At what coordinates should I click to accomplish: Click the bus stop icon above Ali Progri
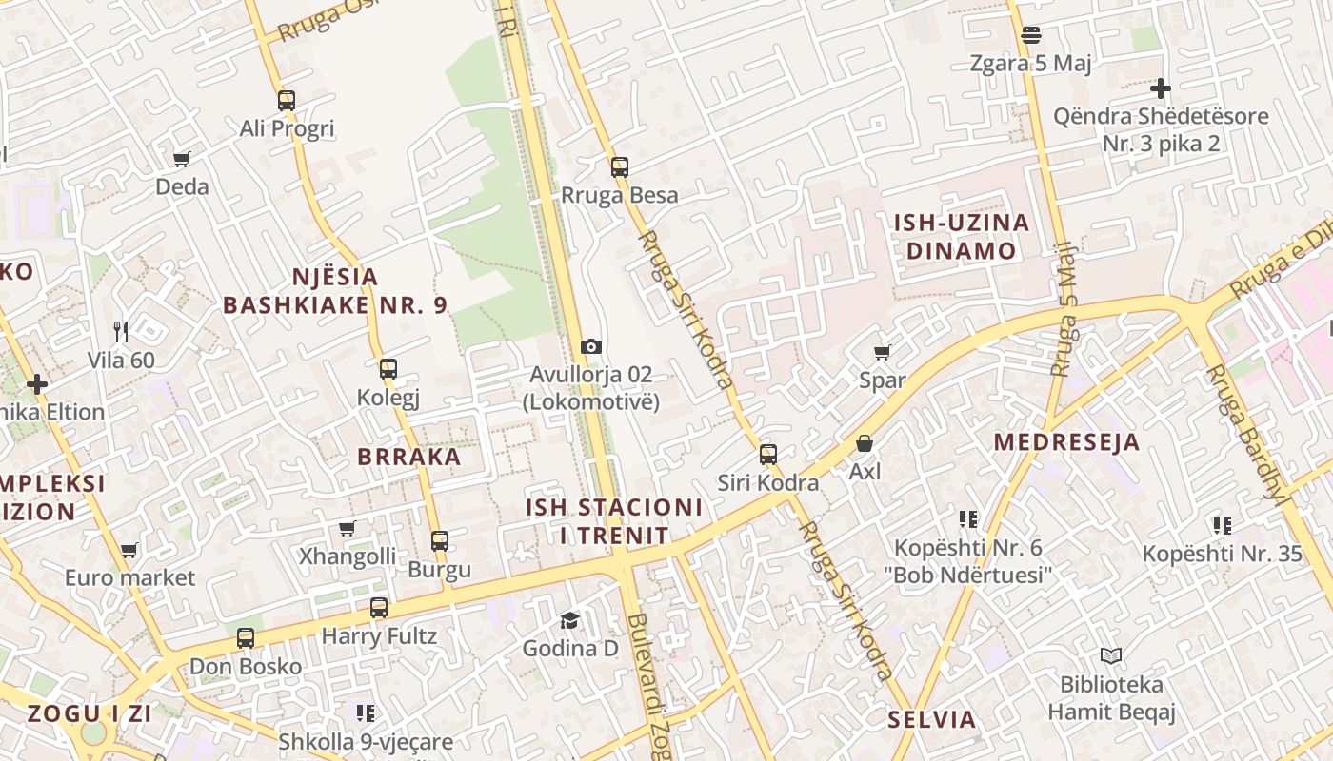(x=287, y=101)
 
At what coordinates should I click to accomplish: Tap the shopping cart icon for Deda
(x=182, y=159)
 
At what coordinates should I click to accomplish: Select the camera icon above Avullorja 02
(x=591, y=346)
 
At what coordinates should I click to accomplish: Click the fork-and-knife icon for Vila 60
(x=121, y=332)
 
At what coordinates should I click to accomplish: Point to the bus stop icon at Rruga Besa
(x=620, y=167)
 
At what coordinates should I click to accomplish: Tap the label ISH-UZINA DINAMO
(x=962, y=237)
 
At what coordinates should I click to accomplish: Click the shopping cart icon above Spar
(x=883, y=353)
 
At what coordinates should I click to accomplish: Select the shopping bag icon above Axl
(x=865, y=443)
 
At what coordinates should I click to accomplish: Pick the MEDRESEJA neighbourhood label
(x=1066, y=442)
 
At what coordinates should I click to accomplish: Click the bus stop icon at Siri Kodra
(x=768, y=455)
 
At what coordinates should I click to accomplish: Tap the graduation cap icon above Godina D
(x=569, y=621)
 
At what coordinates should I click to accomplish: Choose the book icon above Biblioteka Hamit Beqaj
(x=1111, y=655)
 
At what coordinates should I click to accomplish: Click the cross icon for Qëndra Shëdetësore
(x=1160, y=89)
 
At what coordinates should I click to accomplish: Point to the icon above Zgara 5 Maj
(x=1030, y=36)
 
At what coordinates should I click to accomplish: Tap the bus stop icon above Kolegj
(x=388, y=369)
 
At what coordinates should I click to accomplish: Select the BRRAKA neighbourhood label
(x=409, y=457)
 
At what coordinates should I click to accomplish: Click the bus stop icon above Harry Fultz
(x=379, y=608)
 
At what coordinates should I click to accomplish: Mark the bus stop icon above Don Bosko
(x=246, y=638)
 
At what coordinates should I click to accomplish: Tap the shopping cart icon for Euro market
(x=129, y=550)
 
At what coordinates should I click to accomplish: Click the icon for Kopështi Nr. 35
(x=1223, y=526)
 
